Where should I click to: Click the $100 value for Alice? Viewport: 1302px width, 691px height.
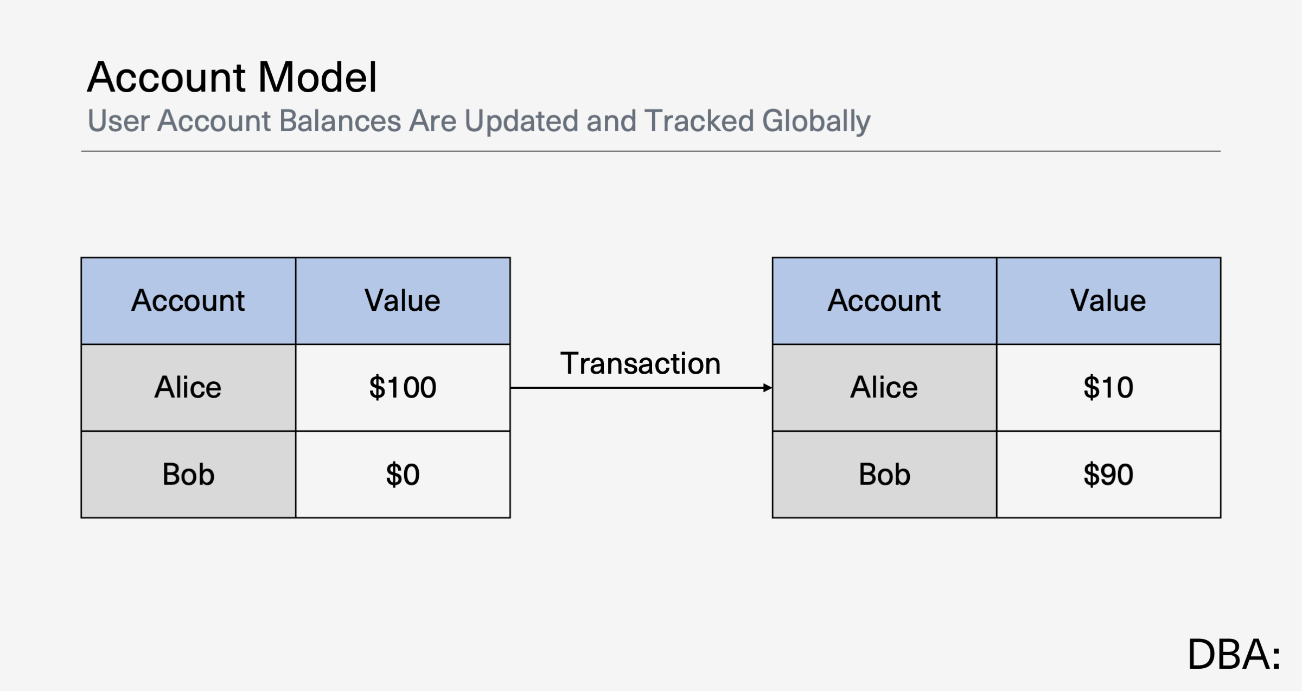pyautogui.click(x=403, y=388)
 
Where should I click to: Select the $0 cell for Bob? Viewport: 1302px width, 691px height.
pyautogui.click(x=403, y=475)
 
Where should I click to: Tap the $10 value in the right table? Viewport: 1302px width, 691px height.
pyautogui.click(x=1108, y=388)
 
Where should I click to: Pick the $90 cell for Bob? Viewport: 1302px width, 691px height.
pyautogui.click(x=1108, y=475)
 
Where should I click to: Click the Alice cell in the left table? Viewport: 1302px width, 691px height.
pyautogui.click(x=188, y=388)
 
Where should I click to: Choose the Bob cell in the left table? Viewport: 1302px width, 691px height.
pyautogui.click(x=188, y=475)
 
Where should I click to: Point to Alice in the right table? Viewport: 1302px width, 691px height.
pyautogui.click(x=884, y=388)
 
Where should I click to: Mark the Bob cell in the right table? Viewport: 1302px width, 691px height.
pyautogui.click(x=884, y=475)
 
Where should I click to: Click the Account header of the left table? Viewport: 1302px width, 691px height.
pyautogui.click(x=188, y=301)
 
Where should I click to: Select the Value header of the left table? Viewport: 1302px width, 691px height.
pyautogui.click(x=403, y=301)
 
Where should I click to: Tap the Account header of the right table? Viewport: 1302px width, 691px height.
pyautogui.click(x=884, y=301)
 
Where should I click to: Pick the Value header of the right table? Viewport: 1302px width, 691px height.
pyautogui.click(x=1108, y=301)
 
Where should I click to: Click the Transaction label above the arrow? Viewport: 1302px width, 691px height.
pyautogui.click(x=640, y=363)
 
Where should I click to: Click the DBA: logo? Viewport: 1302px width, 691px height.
pyautogui.click(x=1234, y=654)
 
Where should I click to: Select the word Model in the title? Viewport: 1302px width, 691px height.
pyautogui.click(x=317, y=77)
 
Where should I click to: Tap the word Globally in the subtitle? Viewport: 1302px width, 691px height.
pyautogui.click(x=816, y=121)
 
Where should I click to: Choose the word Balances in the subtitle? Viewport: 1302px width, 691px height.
pyautogui.click(x=340, y=120)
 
